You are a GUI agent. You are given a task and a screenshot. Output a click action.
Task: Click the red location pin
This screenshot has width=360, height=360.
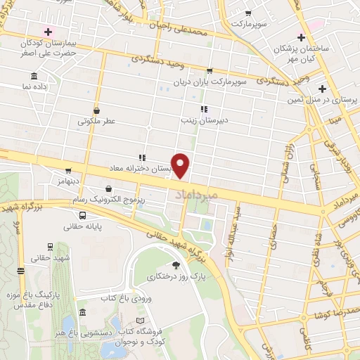181,165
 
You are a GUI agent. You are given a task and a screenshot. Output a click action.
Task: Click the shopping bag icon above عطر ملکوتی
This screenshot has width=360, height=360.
96,111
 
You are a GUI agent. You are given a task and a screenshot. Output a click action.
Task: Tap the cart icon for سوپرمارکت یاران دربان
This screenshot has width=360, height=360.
210,70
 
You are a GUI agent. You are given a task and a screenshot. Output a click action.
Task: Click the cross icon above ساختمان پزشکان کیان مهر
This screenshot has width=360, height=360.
301,37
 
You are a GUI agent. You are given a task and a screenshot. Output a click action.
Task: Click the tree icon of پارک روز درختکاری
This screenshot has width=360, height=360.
175,265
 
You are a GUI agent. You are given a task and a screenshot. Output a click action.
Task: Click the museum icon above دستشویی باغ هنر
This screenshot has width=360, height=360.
83,313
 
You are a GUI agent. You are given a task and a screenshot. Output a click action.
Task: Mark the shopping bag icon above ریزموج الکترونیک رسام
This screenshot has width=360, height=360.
108,188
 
